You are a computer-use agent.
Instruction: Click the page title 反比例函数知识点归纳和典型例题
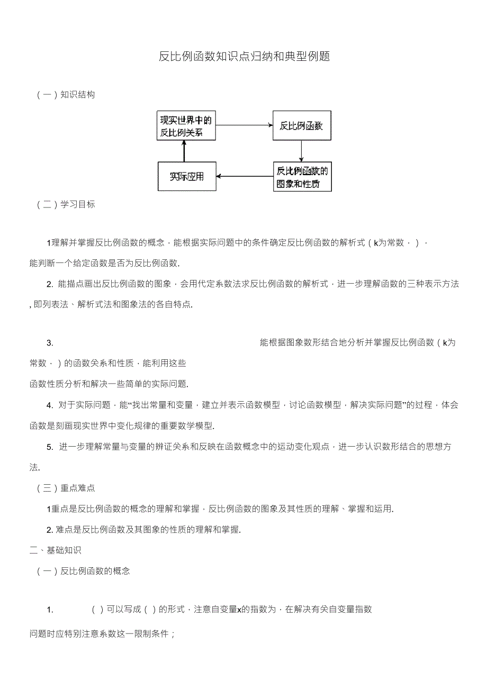[244, 57]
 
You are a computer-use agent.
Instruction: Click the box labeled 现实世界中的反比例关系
[186, 126]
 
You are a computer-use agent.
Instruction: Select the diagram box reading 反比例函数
[301, 126]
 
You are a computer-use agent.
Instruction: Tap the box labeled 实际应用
[186, 176]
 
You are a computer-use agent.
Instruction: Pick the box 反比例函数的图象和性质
[302, 177]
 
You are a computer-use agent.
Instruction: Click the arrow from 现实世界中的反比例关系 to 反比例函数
[244, 125]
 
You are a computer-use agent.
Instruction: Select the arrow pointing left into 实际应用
[244, 176]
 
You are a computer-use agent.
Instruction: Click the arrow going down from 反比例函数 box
[301, 151]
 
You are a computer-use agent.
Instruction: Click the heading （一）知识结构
[66, 95]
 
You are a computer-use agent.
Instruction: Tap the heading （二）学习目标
[66, 204]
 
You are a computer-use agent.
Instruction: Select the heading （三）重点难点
[66, 488]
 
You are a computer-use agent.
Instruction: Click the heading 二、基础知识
[55, 550]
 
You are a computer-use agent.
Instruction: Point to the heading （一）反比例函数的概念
[84, 571]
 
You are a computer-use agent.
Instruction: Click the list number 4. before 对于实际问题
[50, 405]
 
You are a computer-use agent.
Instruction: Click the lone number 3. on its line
[50, 343]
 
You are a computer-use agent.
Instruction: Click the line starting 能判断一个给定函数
[104, 263]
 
